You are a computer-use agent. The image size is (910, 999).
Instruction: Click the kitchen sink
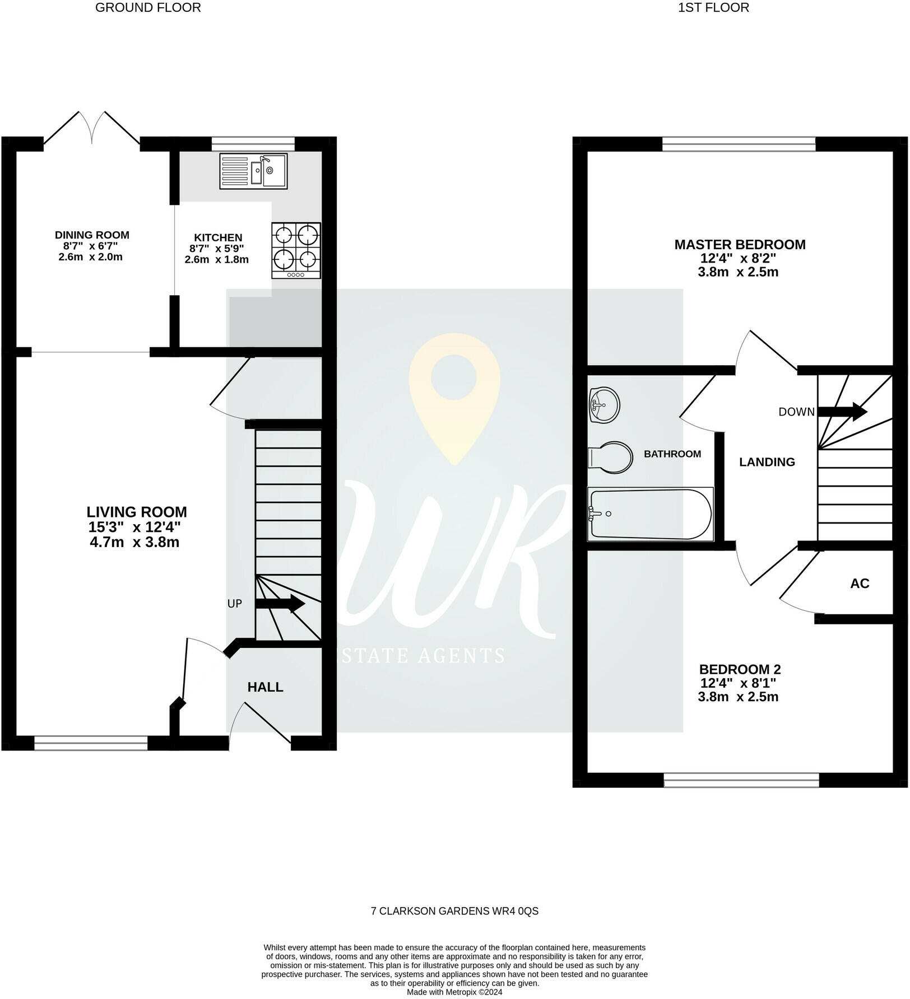click(253, 171)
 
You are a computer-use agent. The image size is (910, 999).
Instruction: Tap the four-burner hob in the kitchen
click(296, 250)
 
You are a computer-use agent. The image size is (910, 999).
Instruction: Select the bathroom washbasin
click(604, 404)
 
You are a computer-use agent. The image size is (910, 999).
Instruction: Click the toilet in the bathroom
click(610, 458)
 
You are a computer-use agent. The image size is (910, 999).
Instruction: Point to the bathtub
click(651, 514)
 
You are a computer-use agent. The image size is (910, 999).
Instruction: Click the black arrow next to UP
click(280, 604)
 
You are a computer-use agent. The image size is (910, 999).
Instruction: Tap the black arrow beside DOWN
click(842, 412)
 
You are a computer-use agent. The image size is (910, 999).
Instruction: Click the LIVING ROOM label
click(137, 512)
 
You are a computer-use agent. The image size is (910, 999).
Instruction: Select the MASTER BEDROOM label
click(740, 244)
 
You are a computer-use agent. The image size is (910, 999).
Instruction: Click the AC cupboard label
click(860, 583)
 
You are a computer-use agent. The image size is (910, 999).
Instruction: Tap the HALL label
click(266, 687)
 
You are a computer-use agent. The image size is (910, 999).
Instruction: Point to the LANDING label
click(767, 462)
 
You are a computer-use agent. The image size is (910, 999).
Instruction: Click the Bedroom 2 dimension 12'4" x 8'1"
click(739, 683)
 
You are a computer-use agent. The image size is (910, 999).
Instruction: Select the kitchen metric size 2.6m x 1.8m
click(217, 259)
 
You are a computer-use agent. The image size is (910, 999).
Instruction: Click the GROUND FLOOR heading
click(148, 8)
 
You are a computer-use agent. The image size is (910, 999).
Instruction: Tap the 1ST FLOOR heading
click(713, 8)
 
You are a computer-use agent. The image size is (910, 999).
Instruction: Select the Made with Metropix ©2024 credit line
click(454, 992)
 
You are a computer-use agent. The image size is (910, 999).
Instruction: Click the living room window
click(91, 743)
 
